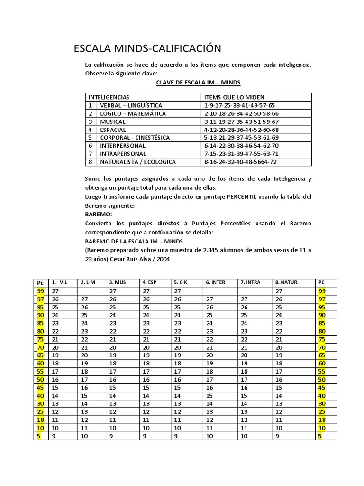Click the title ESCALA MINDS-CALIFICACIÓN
pyautogui.click(x=147, y=48)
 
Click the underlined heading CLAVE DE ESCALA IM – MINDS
pyautogui.click(x=198, y=83)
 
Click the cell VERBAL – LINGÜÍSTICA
pyautogui.click(x=131, y=105)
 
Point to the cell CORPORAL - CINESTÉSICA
pyautogui.click(x=135, y=138)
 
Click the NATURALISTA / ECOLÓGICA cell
pyautogui.click(x=137, y=162)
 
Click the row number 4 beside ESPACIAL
pyautogui.click(x=90, y=130)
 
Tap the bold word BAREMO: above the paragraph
pyautogui.click(x=99, y=215)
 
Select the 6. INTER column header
pyautogui.click(x=216, y=282)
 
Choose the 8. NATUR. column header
pyautogui.click(x=287, y=282)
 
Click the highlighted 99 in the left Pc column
pyautogui.click(x=41, y=291)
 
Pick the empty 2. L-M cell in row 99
pyautogui.click(x=91, y=291)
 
